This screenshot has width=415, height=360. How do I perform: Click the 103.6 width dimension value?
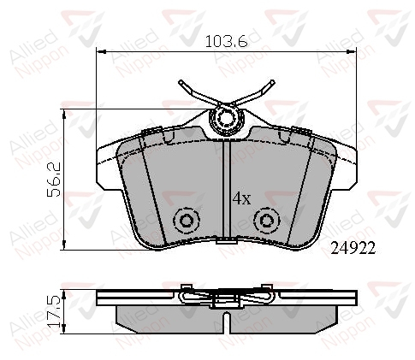click(x=227, y=42)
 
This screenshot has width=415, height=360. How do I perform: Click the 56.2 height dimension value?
click(x=54, y=180)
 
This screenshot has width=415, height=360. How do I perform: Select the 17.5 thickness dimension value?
click(x=54, y=311)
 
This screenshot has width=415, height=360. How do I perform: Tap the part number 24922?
click(x=353, y=249)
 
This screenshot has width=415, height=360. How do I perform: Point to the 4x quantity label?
click(x=242, y=198)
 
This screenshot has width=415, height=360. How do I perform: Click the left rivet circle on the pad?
click(x=187, y=221)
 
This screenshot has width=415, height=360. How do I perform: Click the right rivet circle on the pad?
click(x=267, y=221)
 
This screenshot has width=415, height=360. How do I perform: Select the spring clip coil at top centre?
click(x=227, y=119)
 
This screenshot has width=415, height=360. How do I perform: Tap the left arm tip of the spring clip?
click(x=181, y=82)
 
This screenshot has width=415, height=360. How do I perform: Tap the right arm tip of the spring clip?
click(x=273, y=82)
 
